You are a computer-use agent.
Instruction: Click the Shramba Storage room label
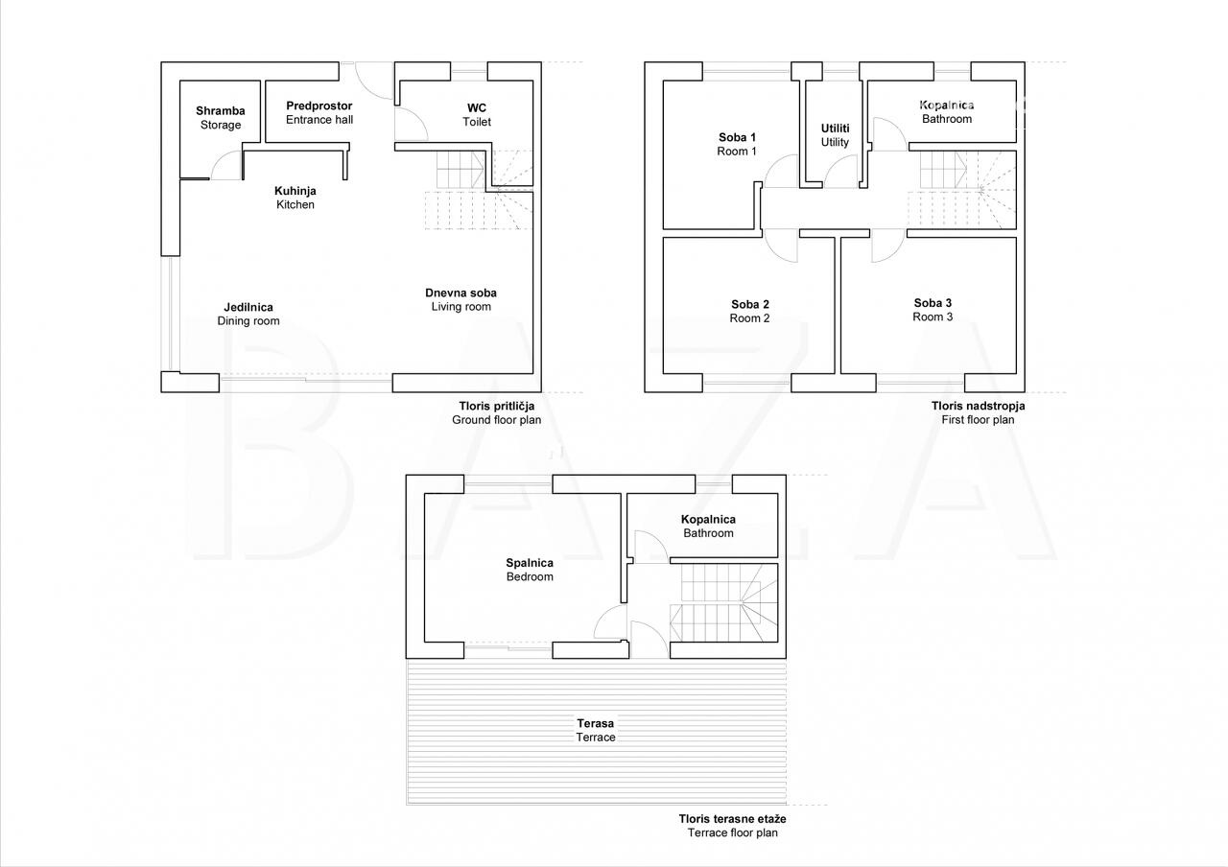221,118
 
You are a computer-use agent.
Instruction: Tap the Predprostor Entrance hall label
319,113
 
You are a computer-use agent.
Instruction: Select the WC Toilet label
477,115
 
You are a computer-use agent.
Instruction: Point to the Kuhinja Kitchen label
295,198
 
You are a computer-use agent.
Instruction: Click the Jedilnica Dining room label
248,314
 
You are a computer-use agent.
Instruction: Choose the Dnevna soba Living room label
461,300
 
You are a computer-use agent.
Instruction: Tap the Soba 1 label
737,144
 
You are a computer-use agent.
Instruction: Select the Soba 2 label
749,312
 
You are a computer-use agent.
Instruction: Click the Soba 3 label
933,310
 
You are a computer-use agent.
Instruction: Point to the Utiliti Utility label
835,135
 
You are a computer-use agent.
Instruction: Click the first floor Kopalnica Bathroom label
947,112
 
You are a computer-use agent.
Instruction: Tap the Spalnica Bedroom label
530,570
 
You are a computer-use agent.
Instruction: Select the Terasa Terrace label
596,730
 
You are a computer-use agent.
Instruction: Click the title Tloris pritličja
497,406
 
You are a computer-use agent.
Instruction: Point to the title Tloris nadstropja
978,406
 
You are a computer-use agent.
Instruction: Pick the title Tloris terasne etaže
732,819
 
